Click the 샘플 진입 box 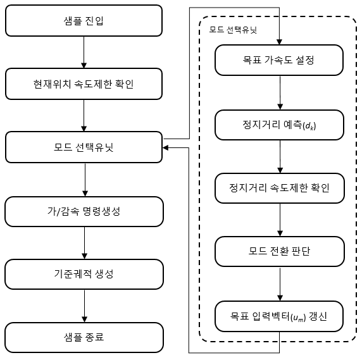[x=84, y=20]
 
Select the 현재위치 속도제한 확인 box [x=84, y=84]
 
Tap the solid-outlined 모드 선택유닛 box [x=84, y=147]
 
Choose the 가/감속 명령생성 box [x=84, y=211]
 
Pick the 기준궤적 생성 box [x=84, y=274]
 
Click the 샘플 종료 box [x=84, y=337]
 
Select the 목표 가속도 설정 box [x=279, y=60]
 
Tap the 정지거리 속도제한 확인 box [x=280, y=189]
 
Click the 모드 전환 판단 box [x=280, y=252]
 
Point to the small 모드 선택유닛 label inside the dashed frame [x=233, y=30]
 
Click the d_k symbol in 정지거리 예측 [x=310, y=126]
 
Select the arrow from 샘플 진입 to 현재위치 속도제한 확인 [x=84, y=52]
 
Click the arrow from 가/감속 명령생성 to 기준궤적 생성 [x=85, y=243]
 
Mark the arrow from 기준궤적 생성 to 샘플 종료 [x=85, y=306]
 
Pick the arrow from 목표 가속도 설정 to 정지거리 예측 [x=280, y=93]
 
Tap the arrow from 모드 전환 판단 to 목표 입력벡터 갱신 [x=280, y=284]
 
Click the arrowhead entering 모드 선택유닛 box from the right [x=165, y=147]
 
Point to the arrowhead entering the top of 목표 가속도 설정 [x=279, y=42]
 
